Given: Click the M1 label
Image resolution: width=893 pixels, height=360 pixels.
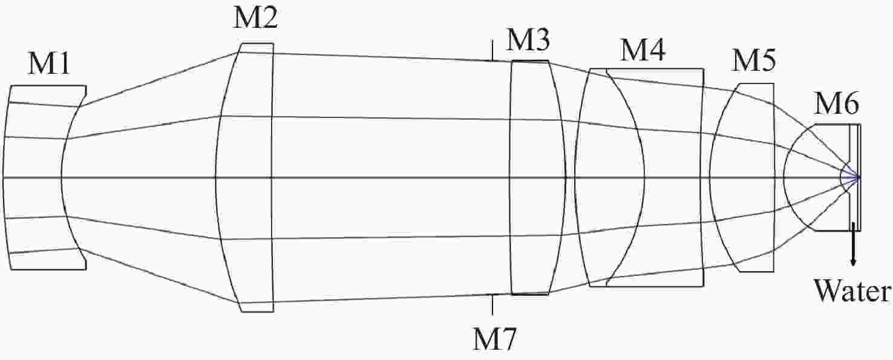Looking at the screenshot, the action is coord(49,64).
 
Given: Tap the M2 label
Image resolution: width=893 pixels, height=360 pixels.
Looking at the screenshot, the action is coord(255,18).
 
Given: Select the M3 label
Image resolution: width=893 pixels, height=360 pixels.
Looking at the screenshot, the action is coord(528,40).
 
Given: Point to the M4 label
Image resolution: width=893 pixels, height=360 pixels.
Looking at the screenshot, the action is coord(643,50).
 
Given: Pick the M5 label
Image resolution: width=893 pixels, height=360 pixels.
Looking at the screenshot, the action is coord(753,61).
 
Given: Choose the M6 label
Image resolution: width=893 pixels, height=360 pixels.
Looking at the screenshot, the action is coord(836,103).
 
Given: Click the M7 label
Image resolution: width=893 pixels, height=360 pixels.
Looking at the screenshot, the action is coord(494,339).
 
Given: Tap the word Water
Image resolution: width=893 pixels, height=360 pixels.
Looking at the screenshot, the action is coord(852,292).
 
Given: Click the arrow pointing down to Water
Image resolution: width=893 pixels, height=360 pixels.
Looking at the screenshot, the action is coord(853,244).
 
